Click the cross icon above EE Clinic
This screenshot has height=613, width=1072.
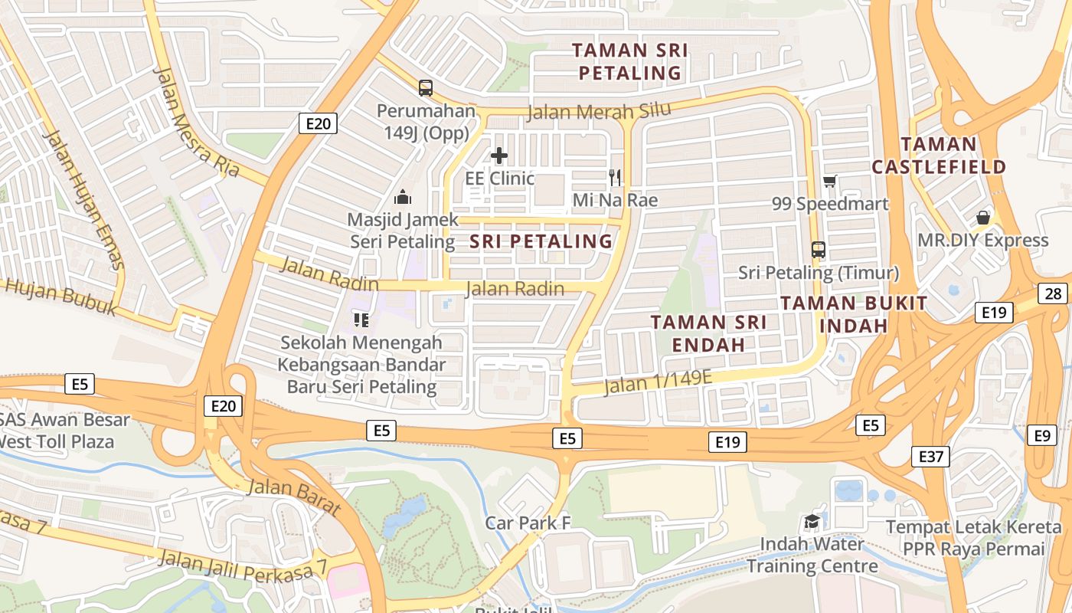click(499, 156)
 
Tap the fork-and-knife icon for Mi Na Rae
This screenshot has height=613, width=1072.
click(615, 178)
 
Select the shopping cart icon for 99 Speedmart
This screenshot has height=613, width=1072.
click(829, 182)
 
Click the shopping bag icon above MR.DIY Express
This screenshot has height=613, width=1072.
click(983, 218)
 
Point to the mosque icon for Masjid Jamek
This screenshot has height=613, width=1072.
click(402, 198)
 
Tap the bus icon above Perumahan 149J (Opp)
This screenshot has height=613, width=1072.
click(426, 88)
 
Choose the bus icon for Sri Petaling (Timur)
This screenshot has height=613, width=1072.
click(819, 250)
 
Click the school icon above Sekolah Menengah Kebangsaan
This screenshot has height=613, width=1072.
click(361, 320)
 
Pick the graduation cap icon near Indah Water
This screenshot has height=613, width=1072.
click(812, 523)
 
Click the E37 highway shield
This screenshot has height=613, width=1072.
click(932, 457)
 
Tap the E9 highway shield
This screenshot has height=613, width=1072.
click(1041, 435)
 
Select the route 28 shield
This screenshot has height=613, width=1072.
click(1054, 293)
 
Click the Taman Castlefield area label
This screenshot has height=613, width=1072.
click(938, 156)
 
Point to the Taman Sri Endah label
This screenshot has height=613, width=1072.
click(708, 333)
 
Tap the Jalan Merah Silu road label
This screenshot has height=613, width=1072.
click(599, 111)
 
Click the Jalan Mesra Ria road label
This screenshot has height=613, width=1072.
click(195, 123)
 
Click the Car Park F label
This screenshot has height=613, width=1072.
click(528, 523)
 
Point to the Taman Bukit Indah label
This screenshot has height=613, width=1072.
click(855, 314)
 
